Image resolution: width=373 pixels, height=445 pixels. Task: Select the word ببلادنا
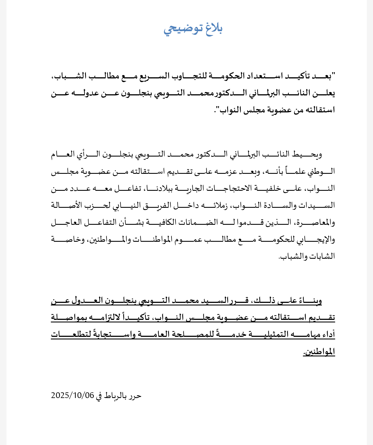[x=161, y=188]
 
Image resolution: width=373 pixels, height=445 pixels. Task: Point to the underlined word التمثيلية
[x=268, y=334]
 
